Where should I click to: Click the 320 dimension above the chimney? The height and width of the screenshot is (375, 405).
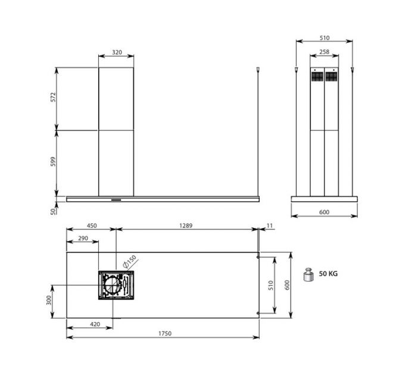click(x=117, y=52)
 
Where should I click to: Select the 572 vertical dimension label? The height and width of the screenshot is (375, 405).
click(x=53, y=97)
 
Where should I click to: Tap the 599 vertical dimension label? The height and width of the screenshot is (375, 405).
click(x=53, y=161)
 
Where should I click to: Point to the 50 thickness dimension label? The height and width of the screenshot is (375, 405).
click(x=53, y=212)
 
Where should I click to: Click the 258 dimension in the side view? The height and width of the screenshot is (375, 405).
click(x=324, y=52)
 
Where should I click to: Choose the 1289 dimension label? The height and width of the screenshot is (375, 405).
click(x=186, y=226)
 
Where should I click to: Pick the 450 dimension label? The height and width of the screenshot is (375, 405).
click(x=92, y=226)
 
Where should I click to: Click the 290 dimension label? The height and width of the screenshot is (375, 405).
click(x=83, y=238)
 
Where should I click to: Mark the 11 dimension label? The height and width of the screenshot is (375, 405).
click(x=269, y=226)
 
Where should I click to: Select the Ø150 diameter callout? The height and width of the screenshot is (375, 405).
click(x=130, y=262)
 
